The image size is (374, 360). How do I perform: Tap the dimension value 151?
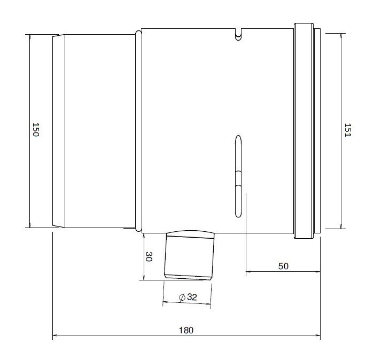[347, 131]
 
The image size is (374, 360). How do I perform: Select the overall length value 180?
[185, 330]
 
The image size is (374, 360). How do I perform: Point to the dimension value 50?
[283, 266]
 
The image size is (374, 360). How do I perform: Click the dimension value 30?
[149, 257]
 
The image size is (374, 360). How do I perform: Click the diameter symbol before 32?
[182, 297]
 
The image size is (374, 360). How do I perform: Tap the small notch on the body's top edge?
[239, 35]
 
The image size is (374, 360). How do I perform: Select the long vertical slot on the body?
[239, 176]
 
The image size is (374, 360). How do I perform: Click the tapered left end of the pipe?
[58, 131]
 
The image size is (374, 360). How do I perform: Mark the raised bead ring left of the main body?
[138, 131]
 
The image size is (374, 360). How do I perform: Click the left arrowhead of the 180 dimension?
[55, 337]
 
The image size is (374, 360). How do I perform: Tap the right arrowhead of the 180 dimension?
[318, 337]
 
